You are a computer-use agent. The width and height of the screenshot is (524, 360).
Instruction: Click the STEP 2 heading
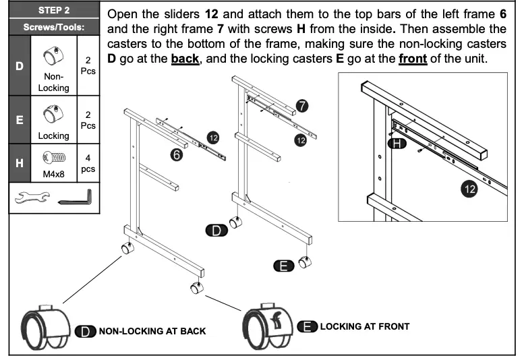point(55,11)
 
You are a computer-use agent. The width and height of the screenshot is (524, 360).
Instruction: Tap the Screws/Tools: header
point(54,28)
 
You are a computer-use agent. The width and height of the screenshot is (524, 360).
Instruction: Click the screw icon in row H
point(53,159)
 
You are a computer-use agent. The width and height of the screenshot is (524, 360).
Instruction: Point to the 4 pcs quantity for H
point(88,163)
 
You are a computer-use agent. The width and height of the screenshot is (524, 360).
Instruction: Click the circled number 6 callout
point(177,154)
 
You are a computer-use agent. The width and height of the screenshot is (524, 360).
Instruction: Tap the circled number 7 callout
point(303,106)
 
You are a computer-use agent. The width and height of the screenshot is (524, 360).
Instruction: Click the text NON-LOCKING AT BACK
point(152,331)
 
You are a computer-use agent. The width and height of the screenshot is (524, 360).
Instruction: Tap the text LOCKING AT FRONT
point(364,326)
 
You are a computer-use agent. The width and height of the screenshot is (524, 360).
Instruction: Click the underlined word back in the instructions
point(185,59)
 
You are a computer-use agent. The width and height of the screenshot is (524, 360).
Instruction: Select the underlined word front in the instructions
point(413,59)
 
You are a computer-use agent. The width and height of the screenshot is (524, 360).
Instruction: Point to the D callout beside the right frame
point(216,231)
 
